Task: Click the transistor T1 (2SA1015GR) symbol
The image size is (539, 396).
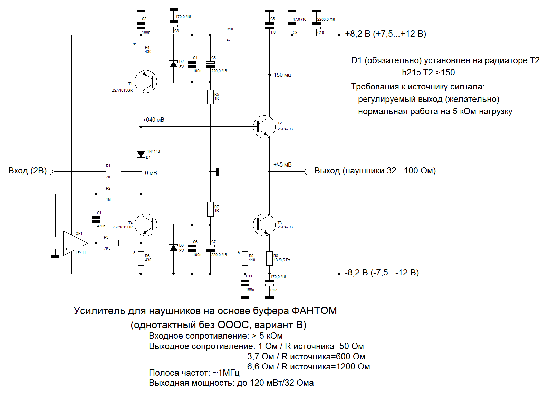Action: point(146,82)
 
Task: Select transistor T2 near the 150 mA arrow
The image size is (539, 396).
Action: point(264,127)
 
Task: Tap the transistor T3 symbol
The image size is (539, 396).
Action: point(264,225)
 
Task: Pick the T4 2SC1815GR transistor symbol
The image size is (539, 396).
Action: point(146,225)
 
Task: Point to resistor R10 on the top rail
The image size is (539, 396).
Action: point(234,35)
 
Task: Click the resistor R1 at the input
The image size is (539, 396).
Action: point(113,171)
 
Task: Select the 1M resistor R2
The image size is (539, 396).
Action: point(113,194)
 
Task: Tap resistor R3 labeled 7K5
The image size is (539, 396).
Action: point(111,243)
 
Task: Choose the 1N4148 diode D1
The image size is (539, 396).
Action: point(141,154)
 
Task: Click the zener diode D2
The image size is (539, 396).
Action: point(174,64)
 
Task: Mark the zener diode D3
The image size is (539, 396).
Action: point(174,247)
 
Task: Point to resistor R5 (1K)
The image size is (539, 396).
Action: point(210,97)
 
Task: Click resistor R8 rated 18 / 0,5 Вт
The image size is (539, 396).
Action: point(270,258)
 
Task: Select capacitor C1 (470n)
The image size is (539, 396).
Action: point(96,219)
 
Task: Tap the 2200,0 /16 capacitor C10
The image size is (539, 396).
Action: point(316,26)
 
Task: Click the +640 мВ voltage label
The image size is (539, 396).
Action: point(154,120)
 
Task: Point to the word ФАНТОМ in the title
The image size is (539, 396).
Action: point(314,311)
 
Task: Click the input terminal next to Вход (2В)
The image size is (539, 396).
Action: point(52,171)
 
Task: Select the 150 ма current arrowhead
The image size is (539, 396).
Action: point(270,75)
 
